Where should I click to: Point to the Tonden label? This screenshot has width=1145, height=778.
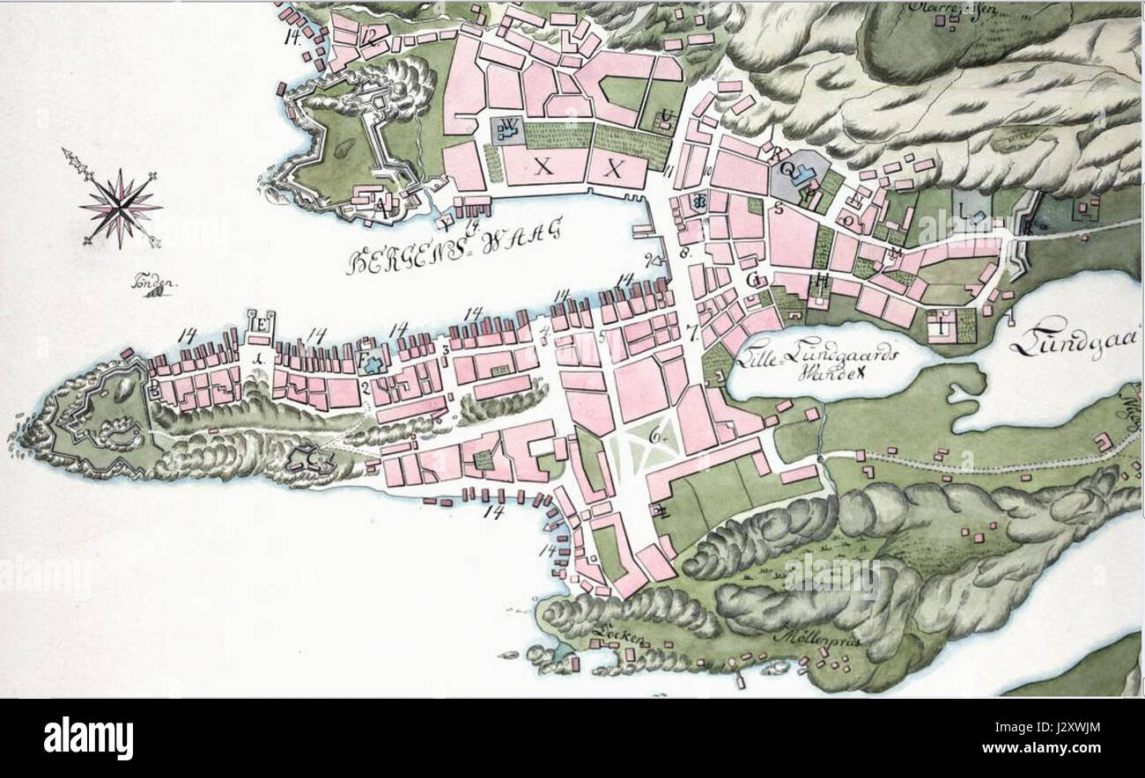[151, 287]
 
